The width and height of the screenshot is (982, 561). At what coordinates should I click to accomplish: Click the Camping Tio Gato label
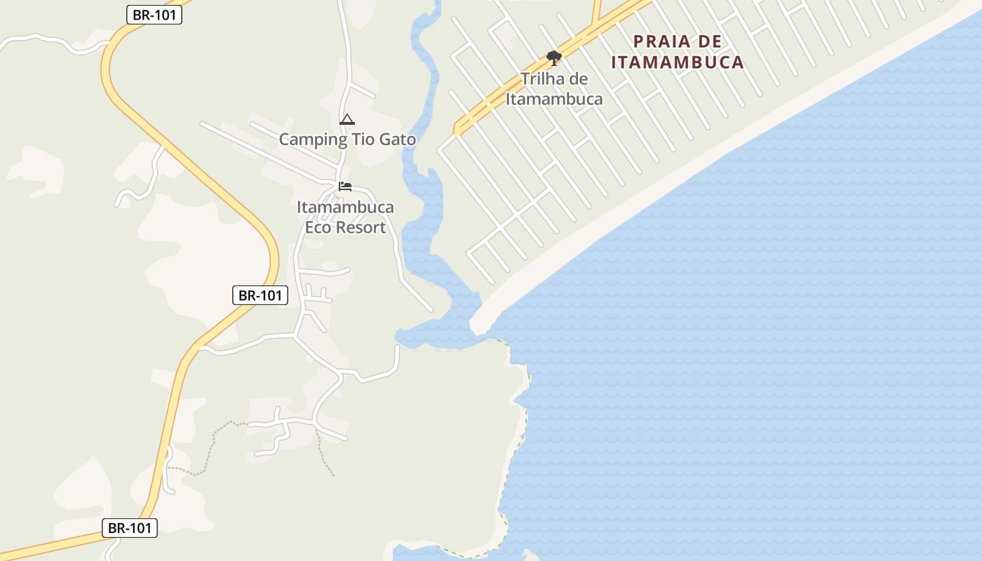coord(347,140)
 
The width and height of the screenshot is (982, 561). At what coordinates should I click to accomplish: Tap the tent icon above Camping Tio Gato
coord(347,120)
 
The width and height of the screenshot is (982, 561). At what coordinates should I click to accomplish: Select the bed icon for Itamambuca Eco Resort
coord(344,187)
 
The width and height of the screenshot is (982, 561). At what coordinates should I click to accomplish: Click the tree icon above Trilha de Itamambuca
coord(554,58)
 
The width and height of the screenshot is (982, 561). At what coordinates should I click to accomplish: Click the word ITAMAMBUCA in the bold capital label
coord(677,62)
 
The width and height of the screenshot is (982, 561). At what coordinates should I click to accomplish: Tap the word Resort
coord(360,227)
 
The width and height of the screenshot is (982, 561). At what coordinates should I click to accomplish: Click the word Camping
coord(309,140)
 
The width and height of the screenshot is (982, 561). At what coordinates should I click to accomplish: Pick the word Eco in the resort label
coord(317,227)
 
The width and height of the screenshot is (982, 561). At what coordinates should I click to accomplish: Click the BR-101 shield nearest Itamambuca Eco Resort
coord(260,295)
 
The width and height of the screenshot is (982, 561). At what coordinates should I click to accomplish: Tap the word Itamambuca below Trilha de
coord(554,99)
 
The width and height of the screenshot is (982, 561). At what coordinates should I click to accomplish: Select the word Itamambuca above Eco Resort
coord(345,208)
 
